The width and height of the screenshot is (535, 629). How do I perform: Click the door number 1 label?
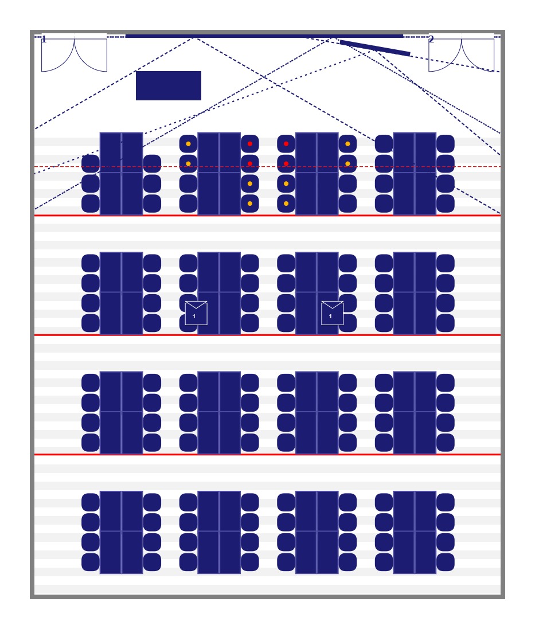coord(44,40)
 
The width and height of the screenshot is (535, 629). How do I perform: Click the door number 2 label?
coord(431,39)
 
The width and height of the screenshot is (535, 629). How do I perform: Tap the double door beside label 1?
coord(74,55)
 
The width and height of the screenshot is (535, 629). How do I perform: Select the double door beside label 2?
coord(461,55)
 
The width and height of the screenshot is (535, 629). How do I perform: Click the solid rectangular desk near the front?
coord(169,85)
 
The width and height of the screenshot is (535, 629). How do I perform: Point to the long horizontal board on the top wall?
coord(264,36)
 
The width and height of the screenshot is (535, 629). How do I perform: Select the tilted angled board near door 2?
coord(375,48)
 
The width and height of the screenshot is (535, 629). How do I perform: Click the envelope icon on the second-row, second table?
coord(196,313)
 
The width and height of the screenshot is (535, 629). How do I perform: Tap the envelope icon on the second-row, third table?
coord(333,313)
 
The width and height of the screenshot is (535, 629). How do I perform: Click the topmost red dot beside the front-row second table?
coord(250,143)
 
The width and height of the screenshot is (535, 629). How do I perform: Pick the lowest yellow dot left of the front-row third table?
coord(286,204)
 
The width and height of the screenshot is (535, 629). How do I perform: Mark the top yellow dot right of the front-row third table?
coord(347,143)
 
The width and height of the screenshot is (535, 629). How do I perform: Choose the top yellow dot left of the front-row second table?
coord(188,143)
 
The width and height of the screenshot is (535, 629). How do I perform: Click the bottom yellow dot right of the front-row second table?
coord(250,204)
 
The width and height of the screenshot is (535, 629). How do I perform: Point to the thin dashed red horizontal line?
coord(267,166)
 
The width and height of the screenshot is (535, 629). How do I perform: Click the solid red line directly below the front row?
coord(267,216)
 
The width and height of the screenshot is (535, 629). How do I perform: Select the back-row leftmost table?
coord(121,532)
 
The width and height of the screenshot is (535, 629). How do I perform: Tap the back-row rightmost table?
coord(415,532)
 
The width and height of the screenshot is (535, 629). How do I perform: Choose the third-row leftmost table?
coord(121,412)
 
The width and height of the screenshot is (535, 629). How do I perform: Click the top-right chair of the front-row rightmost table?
coord(446,143)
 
